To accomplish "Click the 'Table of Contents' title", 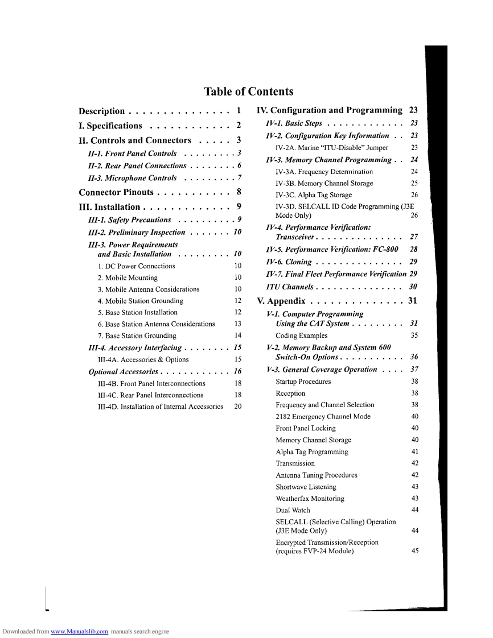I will pyautogui.click(x=249, y=92).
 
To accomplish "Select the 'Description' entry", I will pyautogui.click(x=101, y=111).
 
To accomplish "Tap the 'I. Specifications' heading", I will pyautogui.click(x=110, y=126).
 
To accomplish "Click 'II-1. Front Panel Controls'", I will pyautogui.click(x=133, y=154).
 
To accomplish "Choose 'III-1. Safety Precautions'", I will pyautogui.click(x=130, y=220).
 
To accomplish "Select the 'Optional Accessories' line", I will pyautogui.click(x=123, y=372).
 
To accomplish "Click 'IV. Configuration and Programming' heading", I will pyautogui.click(x=330, y=110).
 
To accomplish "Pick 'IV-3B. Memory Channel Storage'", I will pyautogui.click(x=324, y=184).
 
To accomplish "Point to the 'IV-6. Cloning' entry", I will pyautogui.click(x=289, y=262).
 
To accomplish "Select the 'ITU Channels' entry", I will pyautogui.click(x=290, y=287).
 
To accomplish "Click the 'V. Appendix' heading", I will pyautogui.click(x=281, y=301).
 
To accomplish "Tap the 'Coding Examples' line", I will pyautogui.click(x=301, y=335).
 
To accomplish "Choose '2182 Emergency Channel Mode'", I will pyautogui.click(x=323, y=417).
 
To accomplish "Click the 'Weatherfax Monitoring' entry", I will pyautogui.click(x=310, y=499).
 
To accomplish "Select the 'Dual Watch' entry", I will pyautogui.click(x=293, y=511).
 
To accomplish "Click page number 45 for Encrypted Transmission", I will pyautogui.click(x=414, y=550).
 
